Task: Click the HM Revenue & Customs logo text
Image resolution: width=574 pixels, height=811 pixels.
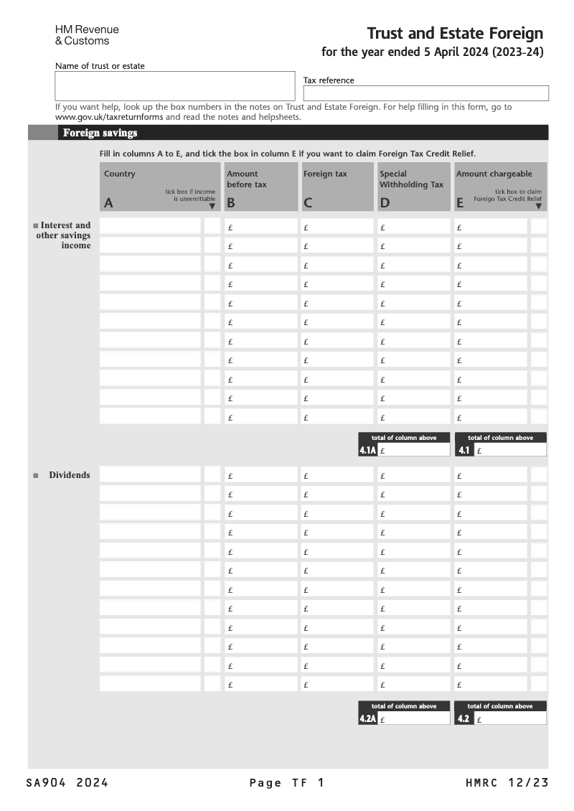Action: pyautogui.click(x=87, y=35)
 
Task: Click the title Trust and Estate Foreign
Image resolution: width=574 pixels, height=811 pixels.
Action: pyautogui.click(x=455, y=34)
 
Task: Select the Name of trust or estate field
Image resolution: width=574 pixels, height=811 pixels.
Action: pyautogui.click(x=175, y=86)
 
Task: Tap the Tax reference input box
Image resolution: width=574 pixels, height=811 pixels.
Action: pyautogui.click(x=425, y=93)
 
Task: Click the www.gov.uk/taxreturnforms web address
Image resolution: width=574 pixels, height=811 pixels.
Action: pyautogui.click(x=109, y=117)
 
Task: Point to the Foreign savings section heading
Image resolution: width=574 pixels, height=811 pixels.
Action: pyautogui.click(x=100, y=133)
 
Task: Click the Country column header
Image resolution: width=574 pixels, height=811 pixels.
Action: pyautogui.click(x=159, y=187)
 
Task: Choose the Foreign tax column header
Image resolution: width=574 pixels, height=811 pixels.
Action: pyautogui.click(x=336, y=187)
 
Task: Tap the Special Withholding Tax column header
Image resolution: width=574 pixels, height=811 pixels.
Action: pyautogui.click(x=413, y=187)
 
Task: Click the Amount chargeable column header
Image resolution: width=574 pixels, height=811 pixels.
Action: pyautogui.click(x=500, y=187)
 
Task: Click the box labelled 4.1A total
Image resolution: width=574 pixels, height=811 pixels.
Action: pyautogui.click(x=413, y=451)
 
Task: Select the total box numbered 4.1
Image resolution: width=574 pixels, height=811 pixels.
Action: pyautogui.click(x=509, y=451)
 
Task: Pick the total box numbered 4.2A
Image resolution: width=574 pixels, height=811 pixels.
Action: pyautogui.click(x=413, y=718)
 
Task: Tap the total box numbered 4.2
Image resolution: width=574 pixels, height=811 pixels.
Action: pyautogui.click(x=509, y=718)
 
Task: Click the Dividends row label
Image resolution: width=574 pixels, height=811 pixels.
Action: pyautogui.click(x=69, y=475)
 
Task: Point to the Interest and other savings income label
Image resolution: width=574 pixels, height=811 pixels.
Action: pyautogui.click(x=65, y=235)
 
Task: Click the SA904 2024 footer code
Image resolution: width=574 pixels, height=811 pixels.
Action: pyautogui.click(x=67, y=783)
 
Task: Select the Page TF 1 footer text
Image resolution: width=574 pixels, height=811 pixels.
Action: pyautogui.click(x=287, y=783)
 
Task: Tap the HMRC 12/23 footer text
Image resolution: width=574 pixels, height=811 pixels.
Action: pyautogui.click(x=507, y=783)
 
